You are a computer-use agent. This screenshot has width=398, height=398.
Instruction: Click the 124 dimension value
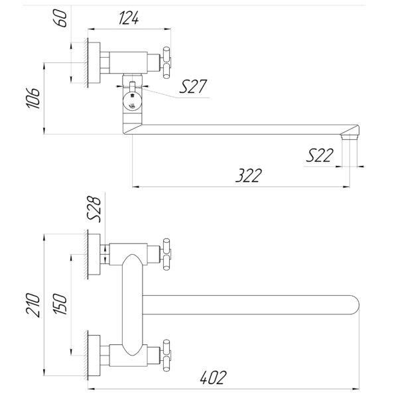pyautogui.click(x=129, y=19)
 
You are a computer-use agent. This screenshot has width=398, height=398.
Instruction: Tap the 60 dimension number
pyautogui.click(x=61, y=18)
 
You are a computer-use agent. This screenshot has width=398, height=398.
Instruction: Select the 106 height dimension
pyautogui.click(x=33, y=98)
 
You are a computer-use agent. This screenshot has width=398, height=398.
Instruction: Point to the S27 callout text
pyautogui.click(x=193, y=86)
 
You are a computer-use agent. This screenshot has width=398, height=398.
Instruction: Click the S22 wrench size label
pyautogui.click(x=320, y=155)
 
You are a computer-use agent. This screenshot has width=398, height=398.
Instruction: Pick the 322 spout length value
pyautogui.click(x=249, y=175)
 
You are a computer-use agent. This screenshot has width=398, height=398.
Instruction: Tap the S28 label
pyautogui.click(x=94, y=209)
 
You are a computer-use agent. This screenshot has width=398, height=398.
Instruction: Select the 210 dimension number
pyautogui.click(x=33, y=305)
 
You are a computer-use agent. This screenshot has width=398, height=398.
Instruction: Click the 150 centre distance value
pyautogui.click(x=60, y=304)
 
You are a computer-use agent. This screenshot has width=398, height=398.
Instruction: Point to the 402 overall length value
pyautogui.click(x=213, y=377)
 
